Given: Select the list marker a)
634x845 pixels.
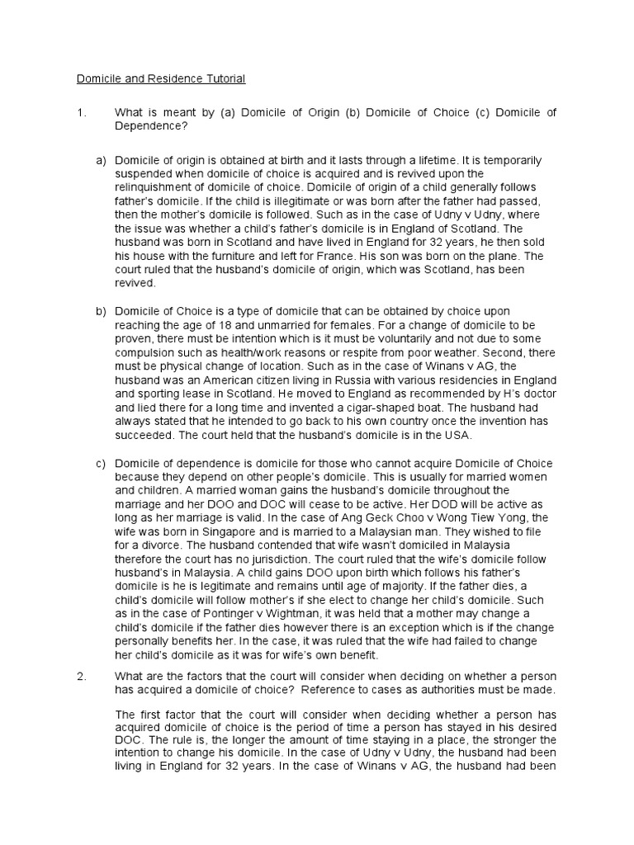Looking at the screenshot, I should [102, 159].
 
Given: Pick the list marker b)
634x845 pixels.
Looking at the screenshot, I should [102, 310].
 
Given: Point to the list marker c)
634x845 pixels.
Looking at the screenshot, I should [102, 463].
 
